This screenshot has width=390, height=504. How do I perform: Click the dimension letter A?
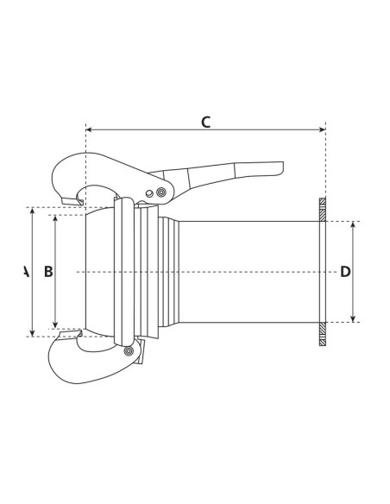click(x=25, y=272)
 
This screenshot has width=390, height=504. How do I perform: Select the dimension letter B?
click(x=48, y=272)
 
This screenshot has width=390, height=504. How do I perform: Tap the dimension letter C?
click(x=205, y=122)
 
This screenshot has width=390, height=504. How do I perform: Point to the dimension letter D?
click(x=345, y=272)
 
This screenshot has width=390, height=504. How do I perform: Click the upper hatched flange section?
click(x=323, y=210)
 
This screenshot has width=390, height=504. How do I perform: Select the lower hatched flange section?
click(x=323, y=334)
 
